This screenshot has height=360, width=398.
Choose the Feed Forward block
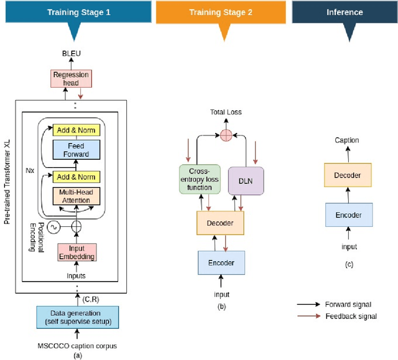tap(75, 150)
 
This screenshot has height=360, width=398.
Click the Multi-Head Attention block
tap(75, 196)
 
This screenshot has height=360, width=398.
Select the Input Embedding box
tap(77, 252)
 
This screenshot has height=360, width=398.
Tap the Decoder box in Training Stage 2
tap(220, 222)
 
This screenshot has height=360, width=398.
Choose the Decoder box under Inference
tap(347, 175)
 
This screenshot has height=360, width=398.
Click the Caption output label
tap(346, 141)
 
